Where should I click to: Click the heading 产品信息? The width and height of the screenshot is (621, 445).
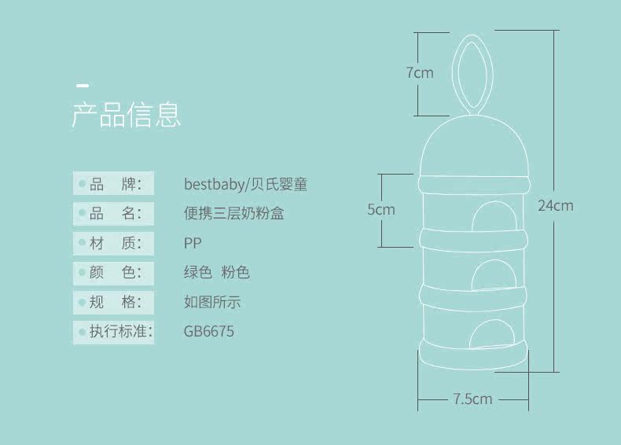click(x=127, y=115)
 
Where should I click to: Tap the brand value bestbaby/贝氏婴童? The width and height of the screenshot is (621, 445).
click(x=245, y=185)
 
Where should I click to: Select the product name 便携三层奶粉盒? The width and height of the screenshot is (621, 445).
click(x=233, y=214)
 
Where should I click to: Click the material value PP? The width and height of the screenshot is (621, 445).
click(x=193, y=243)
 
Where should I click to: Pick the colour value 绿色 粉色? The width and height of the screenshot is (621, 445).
click(x=216, y=273)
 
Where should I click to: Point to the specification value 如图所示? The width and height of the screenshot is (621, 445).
click(x=212, y=302)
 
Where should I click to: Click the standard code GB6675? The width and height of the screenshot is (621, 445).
click(x=208, y=331)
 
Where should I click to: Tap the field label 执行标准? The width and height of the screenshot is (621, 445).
click(x=115, y=331)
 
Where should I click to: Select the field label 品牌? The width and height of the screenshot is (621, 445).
click(x=115, y=185)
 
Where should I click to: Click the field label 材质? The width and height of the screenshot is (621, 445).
click(x=115, y=243)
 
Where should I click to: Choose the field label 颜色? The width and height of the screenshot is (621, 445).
click(x=115, y=273)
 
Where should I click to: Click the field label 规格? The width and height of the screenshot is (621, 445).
click(x=115, y=302)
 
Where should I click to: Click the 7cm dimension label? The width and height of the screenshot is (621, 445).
click(x=420, y=73)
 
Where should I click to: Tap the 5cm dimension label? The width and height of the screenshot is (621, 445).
click(x=381, y=210)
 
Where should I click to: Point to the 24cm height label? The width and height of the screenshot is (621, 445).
click(x=555, y=206)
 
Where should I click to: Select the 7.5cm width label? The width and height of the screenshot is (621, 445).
click(x=472, y=399)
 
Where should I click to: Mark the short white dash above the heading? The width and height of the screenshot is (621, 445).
click(x=82, y=84)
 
